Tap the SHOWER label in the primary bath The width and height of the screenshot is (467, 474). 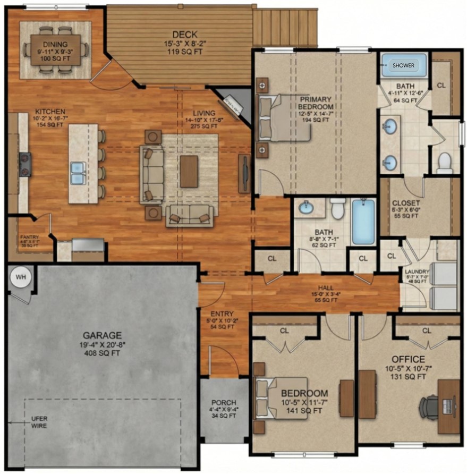pos(403,65)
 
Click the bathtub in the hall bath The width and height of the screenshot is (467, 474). pos(363,222)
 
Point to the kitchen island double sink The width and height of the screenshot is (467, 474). pos(78,173)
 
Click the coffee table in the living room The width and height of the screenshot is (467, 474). pos(189,171)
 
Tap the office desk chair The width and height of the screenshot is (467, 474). pos(429,407)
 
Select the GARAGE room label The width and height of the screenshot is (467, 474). pos(102,335)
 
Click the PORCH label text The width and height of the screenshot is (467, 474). pos(223,402)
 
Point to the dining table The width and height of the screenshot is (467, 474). pos(55,49)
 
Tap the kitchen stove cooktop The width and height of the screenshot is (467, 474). pos(25,164)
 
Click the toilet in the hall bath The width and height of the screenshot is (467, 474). pos(337,209)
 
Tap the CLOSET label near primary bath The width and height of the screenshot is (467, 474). pos(406,203)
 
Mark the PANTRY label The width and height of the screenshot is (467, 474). pos(30,238)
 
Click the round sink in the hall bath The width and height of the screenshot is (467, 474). pos(307,208)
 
